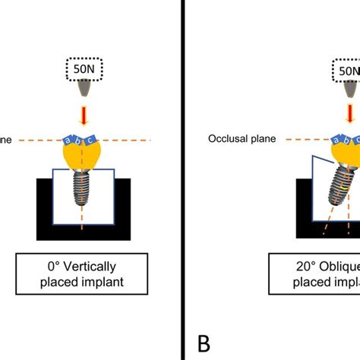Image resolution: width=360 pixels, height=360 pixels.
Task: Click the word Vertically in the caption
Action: click(96, 268)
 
